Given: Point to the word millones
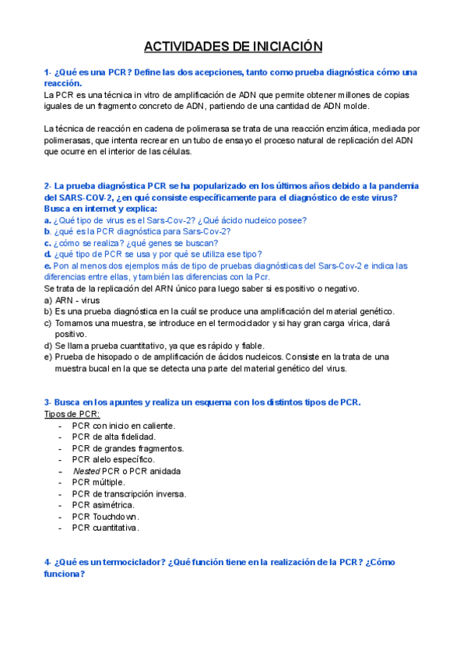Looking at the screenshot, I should pyautogui.click(x=361, y=95).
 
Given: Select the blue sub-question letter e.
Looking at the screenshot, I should pyautogui.click(x=47, y=265).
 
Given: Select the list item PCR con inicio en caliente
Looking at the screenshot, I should pyautogui.click(x=123, y=426).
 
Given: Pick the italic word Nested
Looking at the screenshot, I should pyautogui.click(x=86, y=471).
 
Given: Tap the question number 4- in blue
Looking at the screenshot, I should pyautogui.click(x=49, y=562).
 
